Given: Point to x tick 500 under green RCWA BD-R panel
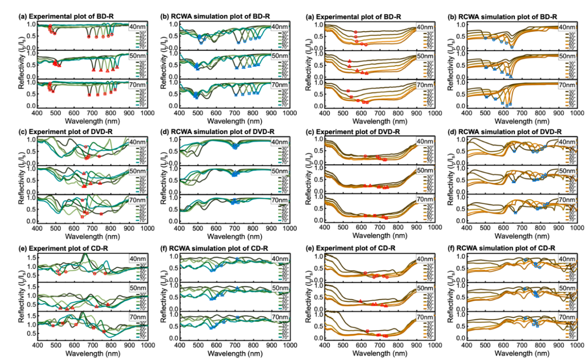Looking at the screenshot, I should tap(198, 113).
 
